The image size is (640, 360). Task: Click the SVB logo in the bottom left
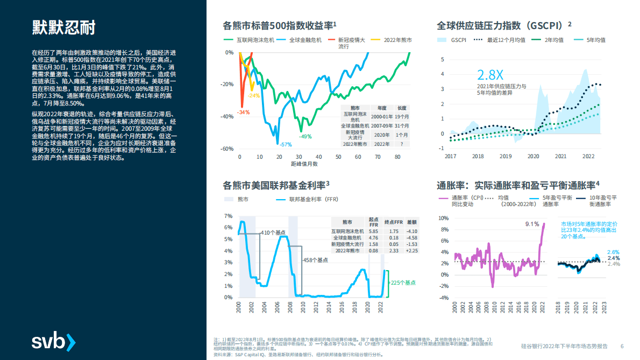click(54, 342)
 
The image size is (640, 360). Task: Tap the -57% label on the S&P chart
click(286, 144)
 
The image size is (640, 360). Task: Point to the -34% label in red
click(244, 112)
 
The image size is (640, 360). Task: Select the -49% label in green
click(305, 136)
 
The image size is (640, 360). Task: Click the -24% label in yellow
click(254, 95)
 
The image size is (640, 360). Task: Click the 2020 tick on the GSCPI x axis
click(533, 156)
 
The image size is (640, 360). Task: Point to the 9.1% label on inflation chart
click(532, 224)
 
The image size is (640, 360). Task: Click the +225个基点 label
click(402, 283)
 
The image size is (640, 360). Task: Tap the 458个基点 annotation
click(315, 260)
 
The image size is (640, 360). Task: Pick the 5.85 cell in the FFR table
click(373, 231)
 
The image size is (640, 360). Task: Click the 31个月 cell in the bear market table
click(402, 125)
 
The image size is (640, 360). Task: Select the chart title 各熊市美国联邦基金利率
click(276, 186)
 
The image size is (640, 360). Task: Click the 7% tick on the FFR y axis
click(228, 216)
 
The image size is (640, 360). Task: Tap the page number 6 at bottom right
click(622, 346)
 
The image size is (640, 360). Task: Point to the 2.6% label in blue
click(613, 252)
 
